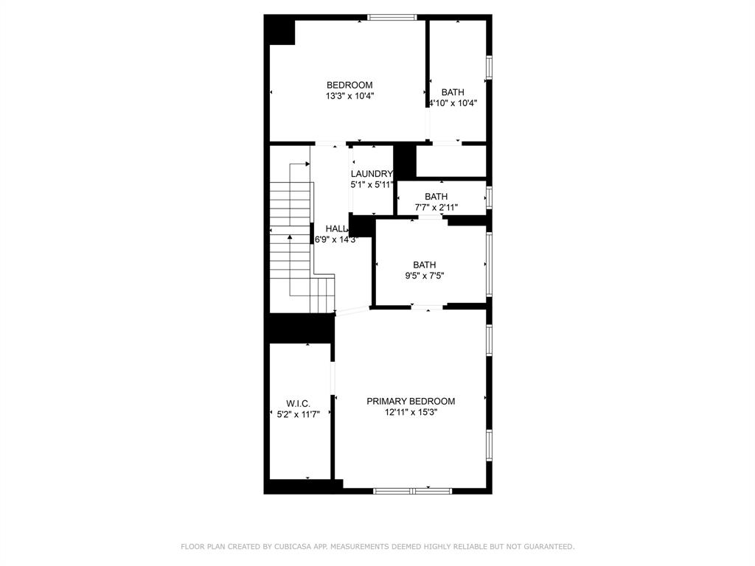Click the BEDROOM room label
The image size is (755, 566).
coord(349,85)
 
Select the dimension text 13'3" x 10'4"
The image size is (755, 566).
coord(349,96)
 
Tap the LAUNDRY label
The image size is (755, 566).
coord(372,174)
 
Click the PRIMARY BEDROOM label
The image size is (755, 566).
coord(411,401)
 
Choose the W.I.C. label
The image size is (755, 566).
coord(298,403)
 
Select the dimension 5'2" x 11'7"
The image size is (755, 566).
coord(298,414)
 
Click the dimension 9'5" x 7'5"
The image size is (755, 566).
coord(424,276)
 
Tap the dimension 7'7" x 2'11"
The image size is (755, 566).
coord(436,207)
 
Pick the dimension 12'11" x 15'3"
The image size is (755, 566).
coord(411,412)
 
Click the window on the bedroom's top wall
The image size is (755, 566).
coord(392,18)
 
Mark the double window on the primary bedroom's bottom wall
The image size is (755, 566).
coord(412,490)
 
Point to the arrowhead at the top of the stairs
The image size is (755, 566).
coord(307,164)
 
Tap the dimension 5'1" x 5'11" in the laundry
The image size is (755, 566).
coord(372,185)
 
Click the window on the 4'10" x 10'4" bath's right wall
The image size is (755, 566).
coord(488,67)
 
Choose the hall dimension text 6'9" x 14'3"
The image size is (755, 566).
coord(336,240)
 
